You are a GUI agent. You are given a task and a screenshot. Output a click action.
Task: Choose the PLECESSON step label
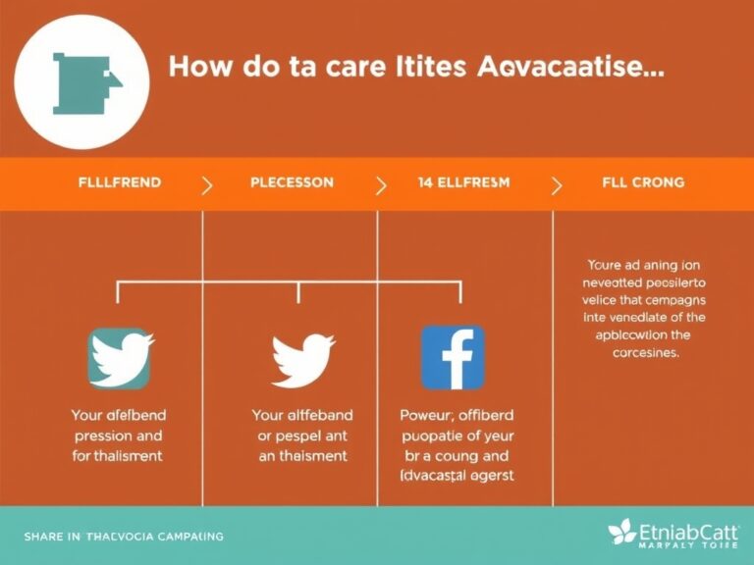coord(292,182)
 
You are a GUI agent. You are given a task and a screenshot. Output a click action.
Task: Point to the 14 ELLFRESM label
coord(459,182)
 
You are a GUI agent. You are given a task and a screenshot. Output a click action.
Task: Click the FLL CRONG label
coord(644,182)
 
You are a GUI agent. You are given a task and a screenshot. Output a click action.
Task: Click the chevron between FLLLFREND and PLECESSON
coord(207,184)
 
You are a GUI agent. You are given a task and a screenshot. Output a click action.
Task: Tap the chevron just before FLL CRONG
coord(557,184)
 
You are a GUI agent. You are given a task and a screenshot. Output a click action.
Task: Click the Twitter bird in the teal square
coord(121,358)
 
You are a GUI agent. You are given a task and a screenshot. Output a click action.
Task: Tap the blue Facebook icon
coord(453,358)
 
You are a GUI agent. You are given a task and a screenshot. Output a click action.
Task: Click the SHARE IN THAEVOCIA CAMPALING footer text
coord(124,537)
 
